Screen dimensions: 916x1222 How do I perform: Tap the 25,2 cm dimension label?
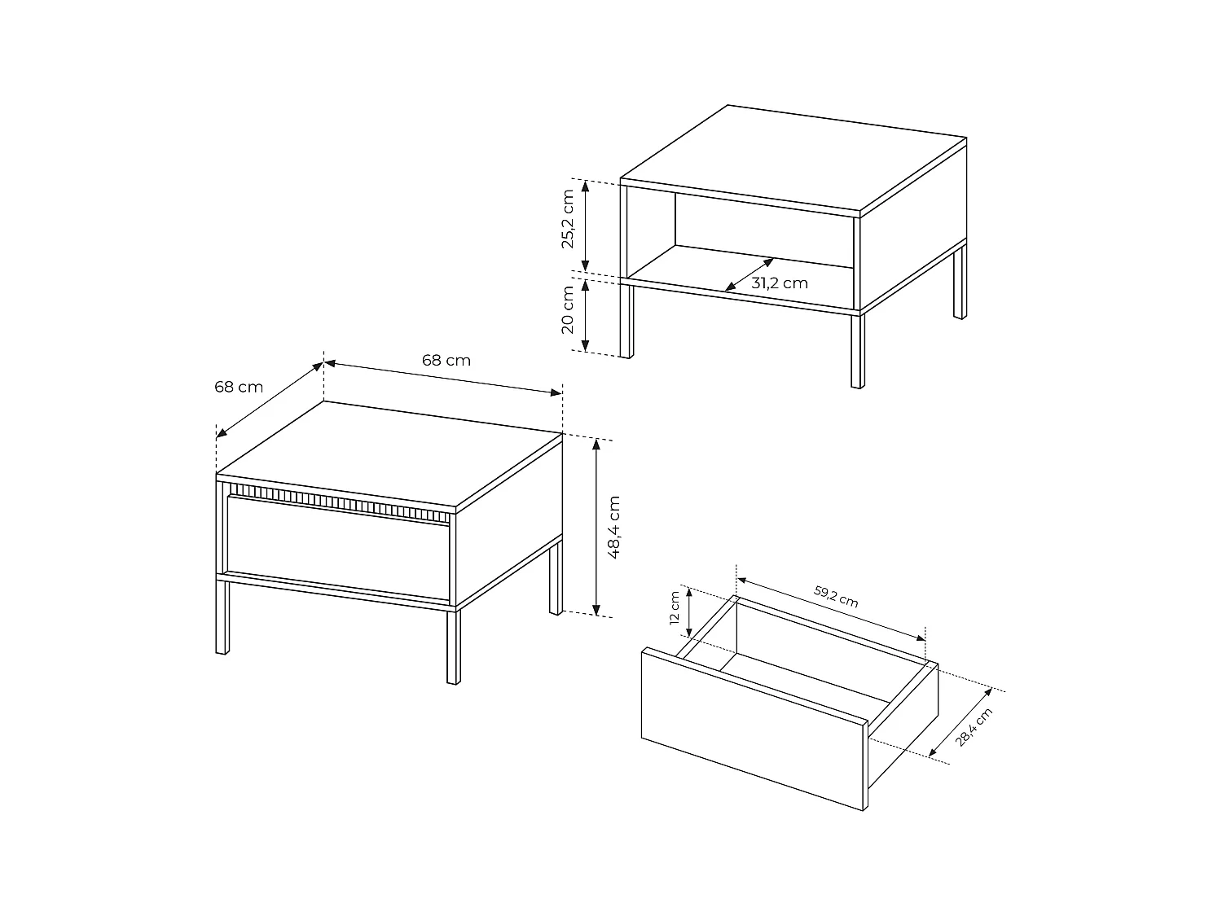click(x=569, y=219)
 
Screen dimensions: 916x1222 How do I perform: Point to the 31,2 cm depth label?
click(x=780, y=283)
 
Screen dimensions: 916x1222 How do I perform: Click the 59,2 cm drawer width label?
click(x=836, y=596)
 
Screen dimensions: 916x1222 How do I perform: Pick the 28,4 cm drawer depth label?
click(x=974, y=726)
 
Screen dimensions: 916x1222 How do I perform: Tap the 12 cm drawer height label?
click(x=674, y=607)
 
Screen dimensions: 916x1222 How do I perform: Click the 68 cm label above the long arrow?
click(x=446, y=360)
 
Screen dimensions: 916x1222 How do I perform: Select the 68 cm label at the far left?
click(x=239, y=387)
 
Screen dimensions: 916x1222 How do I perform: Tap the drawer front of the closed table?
click(x=338, y=549)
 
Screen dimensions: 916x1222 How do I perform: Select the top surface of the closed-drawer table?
click(x=391, y=453)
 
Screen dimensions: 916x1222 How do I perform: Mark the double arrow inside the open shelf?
click(x=749, y=274)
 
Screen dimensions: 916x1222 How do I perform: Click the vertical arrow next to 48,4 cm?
click(x=597, y=526)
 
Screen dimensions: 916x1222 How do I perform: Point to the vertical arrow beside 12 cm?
click(x=690, y=613)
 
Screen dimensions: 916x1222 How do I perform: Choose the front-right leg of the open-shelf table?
click(x=856, y=350)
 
